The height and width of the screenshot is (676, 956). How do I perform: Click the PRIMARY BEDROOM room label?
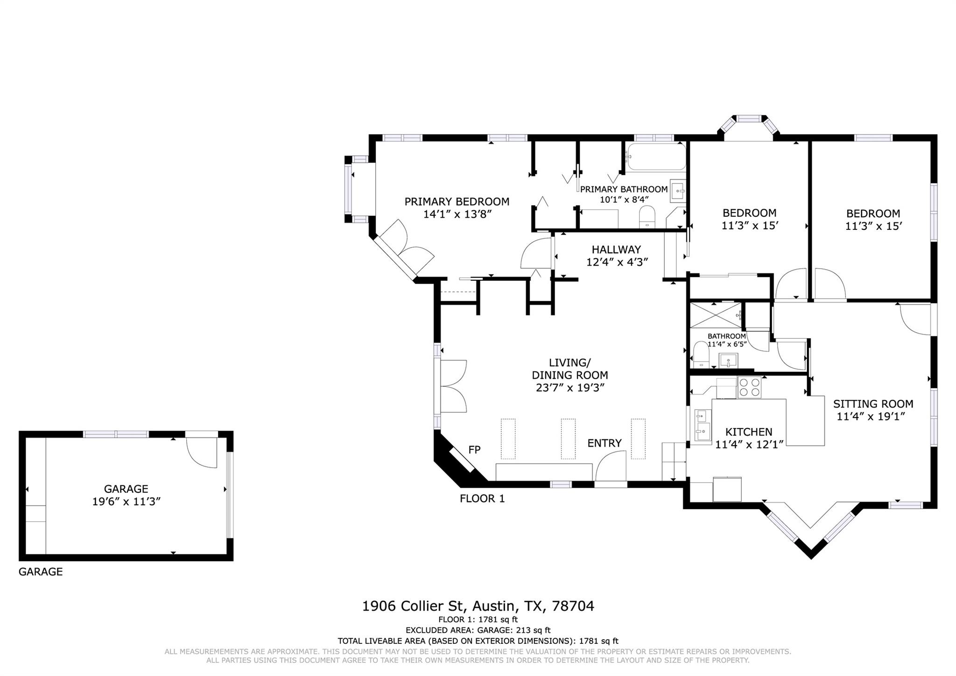coord(457,202)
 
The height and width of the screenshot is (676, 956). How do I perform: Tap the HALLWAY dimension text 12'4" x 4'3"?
coord(617,263)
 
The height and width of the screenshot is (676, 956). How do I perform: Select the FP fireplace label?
coord(474,450)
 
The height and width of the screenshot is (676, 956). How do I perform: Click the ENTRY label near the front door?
coord(604,443)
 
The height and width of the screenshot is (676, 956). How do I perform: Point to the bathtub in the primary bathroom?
coord(656,157)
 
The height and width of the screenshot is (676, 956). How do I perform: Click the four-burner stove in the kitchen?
coord(749,387)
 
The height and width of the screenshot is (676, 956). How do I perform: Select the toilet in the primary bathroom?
coord(647,217)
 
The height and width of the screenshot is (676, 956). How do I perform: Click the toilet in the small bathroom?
coord(701,355)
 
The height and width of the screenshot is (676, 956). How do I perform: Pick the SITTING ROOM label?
coord(873,404)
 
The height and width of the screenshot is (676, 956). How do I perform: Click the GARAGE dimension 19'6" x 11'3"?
coord(126,502)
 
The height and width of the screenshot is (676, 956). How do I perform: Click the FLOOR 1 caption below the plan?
coord(482,498)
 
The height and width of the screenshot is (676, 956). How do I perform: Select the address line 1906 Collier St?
coord(478,606)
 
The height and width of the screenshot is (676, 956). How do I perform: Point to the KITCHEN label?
coord(748,432)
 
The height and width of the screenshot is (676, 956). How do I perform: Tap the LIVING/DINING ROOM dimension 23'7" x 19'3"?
coord(570,388)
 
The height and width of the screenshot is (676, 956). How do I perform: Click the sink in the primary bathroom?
coord(678,191)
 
